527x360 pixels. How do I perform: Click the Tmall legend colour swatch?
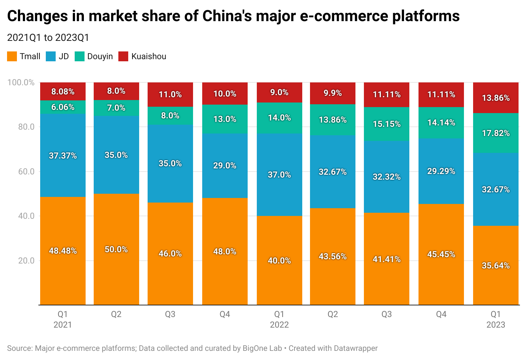pos(12,56)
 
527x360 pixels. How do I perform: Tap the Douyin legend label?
pos(100,56)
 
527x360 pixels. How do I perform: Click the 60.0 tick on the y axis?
pos(26,172)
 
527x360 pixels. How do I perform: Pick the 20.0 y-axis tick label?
pos(26,261)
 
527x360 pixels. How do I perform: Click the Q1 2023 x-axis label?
pos(496,319)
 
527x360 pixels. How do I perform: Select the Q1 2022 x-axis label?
pos(279,319)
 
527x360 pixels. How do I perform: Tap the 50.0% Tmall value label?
pos(116,249)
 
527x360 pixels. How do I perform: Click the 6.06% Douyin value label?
pos(63,107)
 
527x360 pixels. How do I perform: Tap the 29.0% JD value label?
pos(225,166)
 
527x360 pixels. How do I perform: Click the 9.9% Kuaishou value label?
pos(333,93)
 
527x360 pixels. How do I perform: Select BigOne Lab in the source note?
pos(262,348)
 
